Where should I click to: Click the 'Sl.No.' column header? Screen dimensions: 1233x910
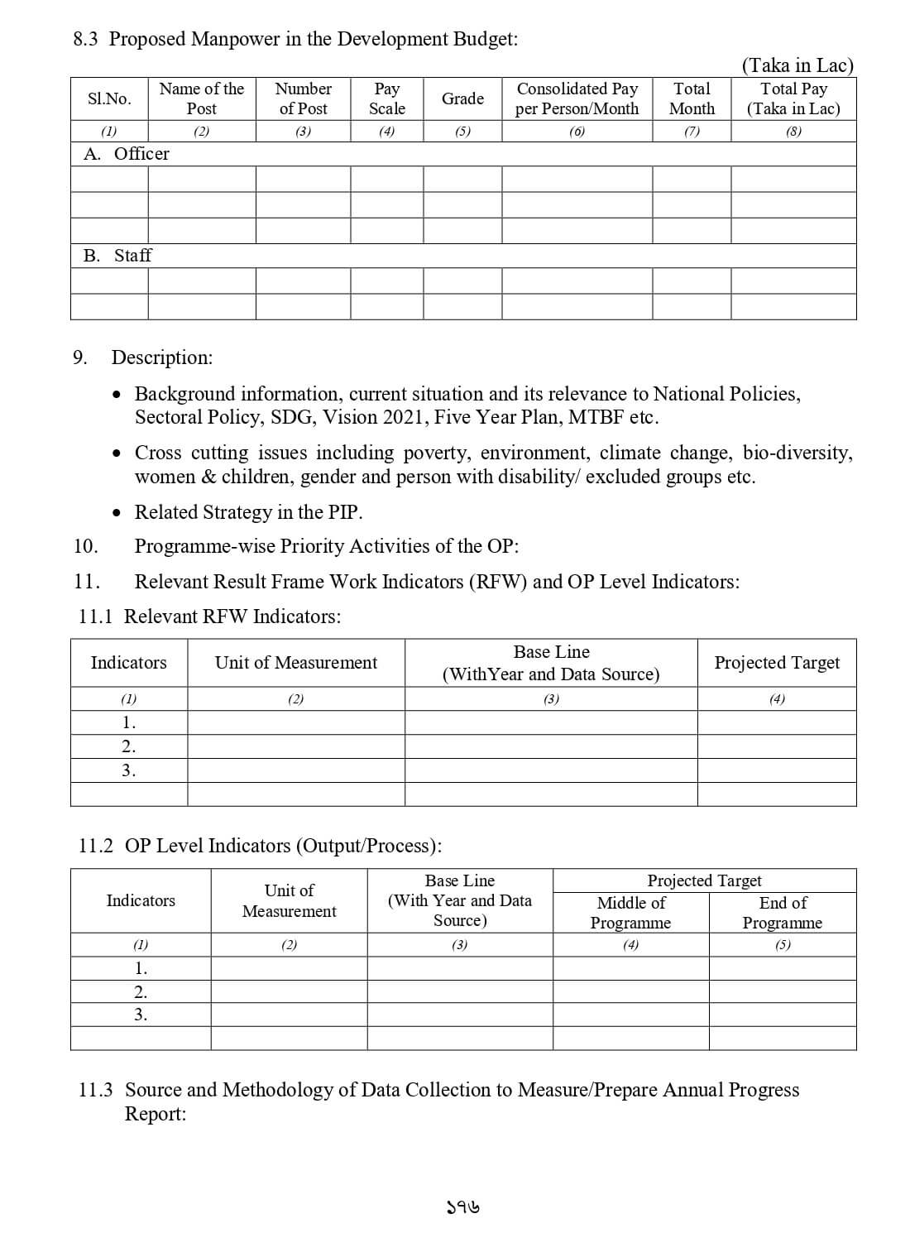[109, 98]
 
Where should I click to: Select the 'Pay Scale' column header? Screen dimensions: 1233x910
[386, 98]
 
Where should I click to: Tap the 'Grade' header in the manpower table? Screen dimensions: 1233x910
[462, 98]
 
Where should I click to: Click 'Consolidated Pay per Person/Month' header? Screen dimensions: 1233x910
[577, 98]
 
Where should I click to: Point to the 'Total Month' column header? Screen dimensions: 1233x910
[692, 98]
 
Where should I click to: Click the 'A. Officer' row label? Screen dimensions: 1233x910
[127, 154]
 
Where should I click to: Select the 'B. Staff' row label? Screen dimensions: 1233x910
[118, 256]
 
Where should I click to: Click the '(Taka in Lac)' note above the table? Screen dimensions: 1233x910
[797, 65]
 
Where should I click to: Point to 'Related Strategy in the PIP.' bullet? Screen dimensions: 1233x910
[248, 512]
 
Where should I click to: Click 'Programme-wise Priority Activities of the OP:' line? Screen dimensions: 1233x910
[327, 546]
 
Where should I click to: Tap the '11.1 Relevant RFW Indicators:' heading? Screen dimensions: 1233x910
[209, 616]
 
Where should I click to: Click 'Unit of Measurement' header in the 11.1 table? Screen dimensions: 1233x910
[295, 663]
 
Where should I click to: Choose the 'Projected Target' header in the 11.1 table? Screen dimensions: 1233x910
[776, 663]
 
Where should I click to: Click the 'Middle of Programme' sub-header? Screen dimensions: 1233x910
[630, 913]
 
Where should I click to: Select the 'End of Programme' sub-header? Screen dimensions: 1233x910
[782, 913]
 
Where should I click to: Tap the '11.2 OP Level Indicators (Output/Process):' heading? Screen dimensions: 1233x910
[260, 846]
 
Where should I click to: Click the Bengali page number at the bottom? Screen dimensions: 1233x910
[462, 1207]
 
